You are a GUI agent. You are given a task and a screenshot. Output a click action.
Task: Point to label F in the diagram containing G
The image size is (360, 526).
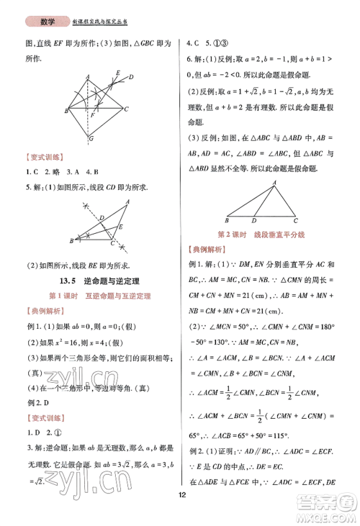[92, 114]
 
